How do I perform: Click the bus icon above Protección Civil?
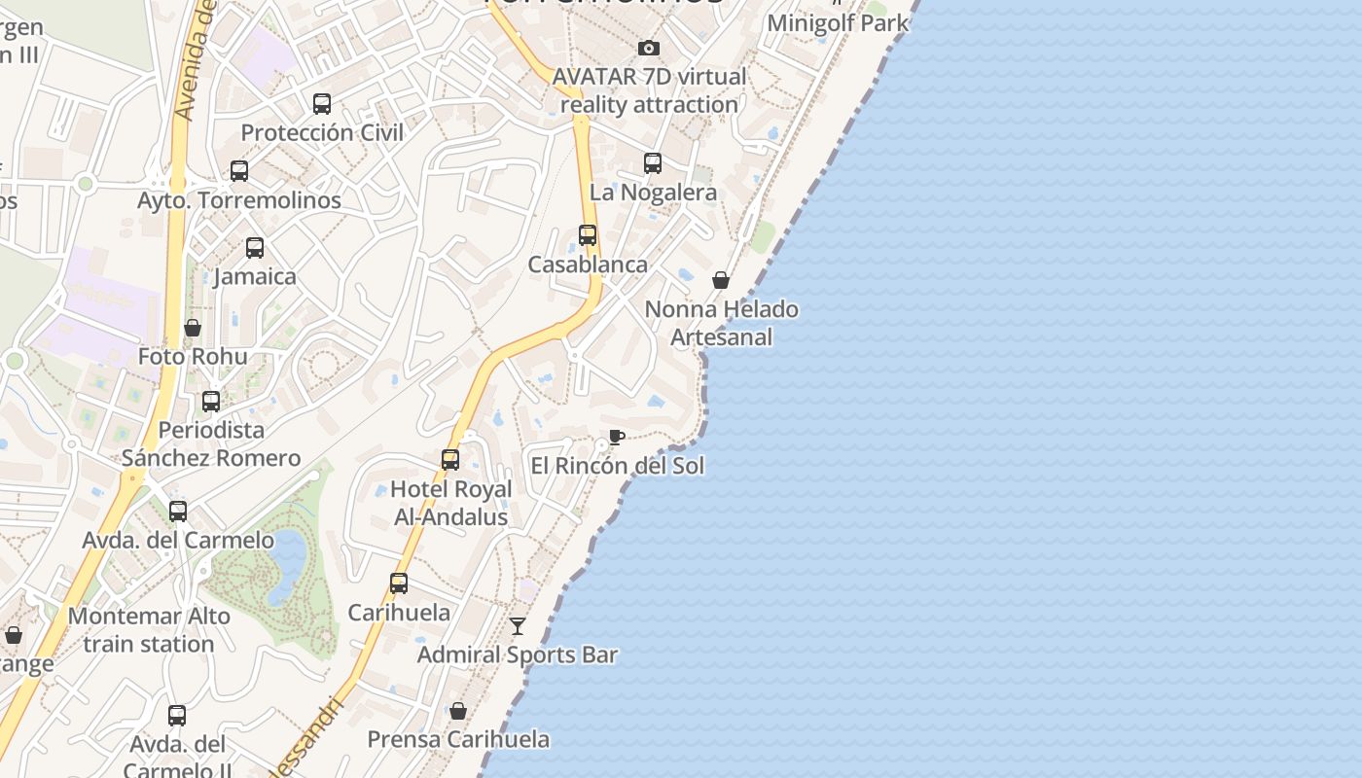pyautogui.click(x=322, y=103)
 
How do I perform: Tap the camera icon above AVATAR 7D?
pyautogui.click(x=649, y=48)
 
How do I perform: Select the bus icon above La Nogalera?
pyautogui.click(x=653, y=163)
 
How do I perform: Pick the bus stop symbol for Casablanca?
pyautogui.click(x=588, y=235)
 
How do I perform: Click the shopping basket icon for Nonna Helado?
pyautogui.click(x=721, y=280)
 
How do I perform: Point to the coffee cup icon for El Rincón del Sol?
pyautogui.click(x=616, y=437)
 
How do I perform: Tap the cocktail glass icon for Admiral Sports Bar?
pyautogui.click(x=518, y=626)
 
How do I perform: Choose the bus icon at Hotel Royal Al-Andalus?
pyautogui.click(x=450, y=460)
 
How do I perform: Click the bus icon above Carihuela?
pyautogui.click(x=399, y=583)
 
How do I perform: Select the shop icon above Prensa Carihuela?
pyautogui.click(x=458, y=711)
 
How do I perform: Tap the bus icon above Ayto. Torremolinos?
pyautogui.click(x=239, y=171)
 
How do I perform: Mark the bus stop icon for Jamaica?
pyautogui.click(x=255, y=248)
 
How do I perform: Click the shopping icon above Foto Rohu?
pyautogui.click(x=193, y=328)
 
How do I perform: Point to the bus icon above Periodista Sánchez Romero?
pyautogui.click(x=211, y=401)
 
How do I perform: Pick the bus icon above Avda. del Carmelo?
pyautogui.click(x=178, y=512)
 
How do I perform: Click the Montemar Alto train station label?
pyautogui.click(x=149, y=630)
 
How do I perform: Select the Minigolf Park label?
pyautogui.click(x=838, y=22)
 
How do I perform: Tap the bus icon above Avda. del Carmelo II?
pyautogui.click(x=177, y=716)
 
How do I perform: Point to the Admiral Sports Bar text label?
pyautogui.click(x=518, y=654)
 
